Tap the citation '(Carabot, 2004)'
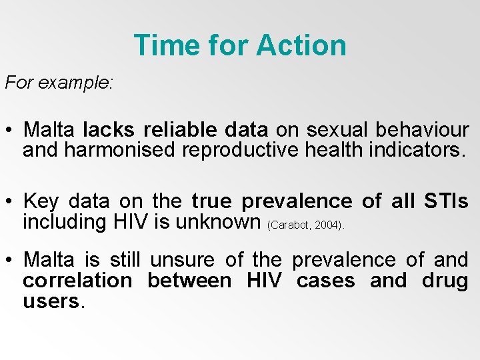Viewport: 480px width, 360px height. pos(305,225)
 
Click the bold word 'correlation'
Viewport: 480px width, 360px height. pos(80,281)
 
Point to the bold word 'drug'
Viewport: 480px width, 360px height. pos(445,281)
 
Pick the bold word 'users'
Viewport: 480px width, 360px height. pos(51,301)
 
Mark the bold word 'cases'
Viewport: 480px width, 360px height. pos(325,281)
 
